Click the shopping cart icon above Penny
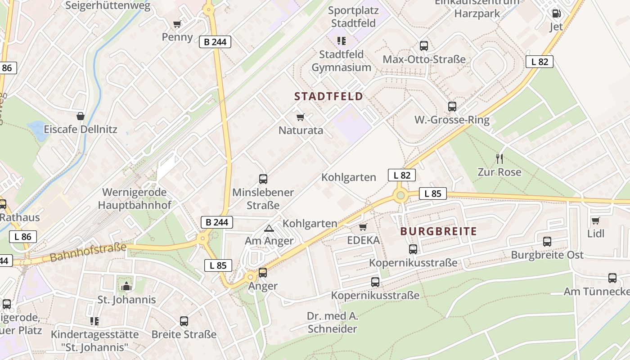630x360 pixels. pos(177,24)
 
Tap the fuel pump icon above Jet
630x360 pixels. pos(556,13)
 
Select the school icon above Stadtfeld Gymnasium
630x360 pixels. pos(342,41)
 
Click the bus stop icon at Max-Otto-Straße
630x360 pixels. pos(423,45)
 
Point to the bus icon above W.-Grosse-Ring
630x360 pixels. pos(452,107)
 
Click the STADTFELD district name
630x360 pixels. pos(328,96)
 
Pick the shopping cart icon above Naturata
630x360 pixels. pos(301,117)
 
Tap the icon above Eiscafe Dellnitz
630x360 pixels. pos(81,116)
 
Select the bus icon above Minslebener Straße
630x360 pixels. pos(263,179)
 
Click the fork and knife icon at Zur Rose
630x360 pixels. pos(499,158)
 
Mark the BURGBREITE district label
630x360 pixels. pos(438,232)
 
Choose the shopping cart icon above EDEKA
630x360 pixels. pos(363,227)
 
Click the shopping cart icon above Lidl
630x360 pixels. pos(596,220)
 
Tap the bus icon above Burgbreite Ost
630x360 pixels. pos(547,242)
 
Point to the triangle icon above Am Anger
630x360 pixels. pos(269,228)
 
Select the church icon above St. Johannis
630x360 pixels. pos(126,286)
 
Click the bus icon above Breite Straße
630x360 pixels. pos(184,321)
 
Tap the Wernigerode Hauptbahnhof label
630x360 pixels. pos(135,199)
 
